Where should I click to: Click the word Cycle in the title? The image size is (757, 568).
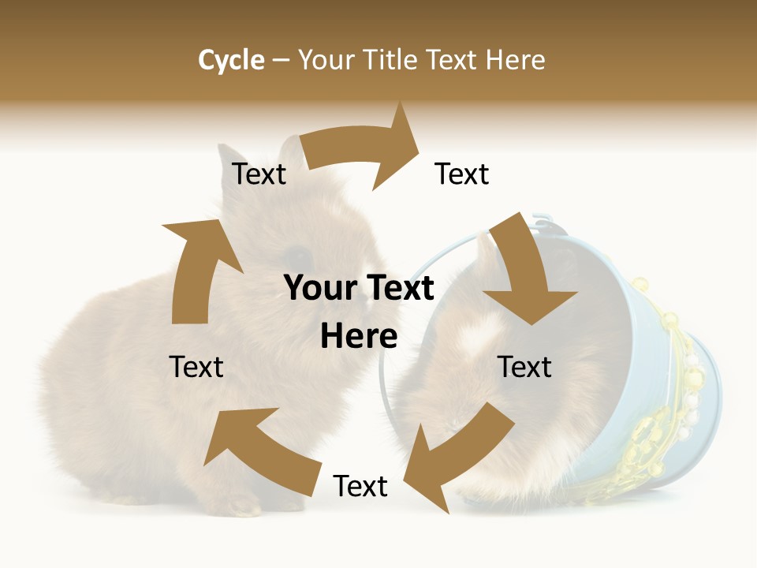[231, 60]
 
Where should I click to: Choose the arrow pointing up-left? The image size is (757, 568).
[260, 450]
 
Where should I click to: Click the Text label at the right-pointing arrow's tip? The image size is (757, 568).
[462, 174]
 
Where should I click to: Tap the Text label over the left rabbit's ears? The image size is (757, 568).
[259, 174]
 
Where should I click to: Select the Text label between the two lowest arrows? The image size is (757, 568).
[360, 486]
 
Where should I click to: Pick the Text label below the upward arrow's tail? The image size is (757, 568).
[196, 367]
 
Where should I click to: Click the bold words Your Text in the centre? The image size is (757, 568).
[359, 289]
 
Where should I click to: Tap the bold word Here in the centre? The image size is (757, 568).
[359, 337]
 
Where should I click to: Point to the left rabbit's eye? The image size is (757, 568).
[298, 255]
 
